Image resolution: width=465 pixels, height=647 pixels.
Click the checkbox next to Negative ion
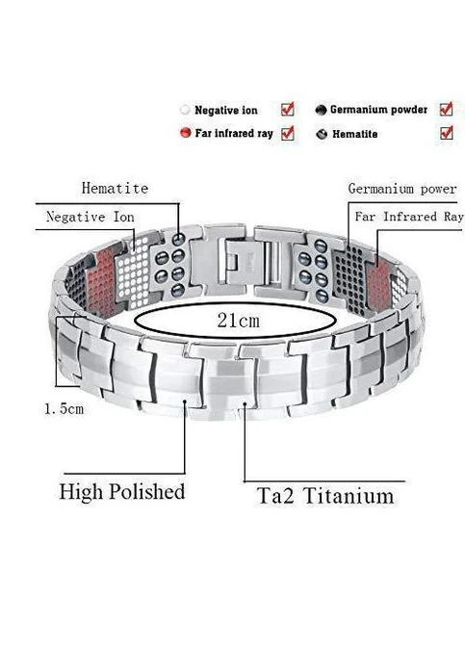288,110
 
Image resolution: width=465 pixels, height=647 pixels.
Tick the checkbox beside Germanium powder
446,109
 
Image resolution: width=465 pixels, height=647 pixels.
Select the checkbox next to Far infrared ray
288,133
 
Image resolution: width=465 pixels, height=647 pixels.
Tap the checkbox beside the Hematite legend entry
446,133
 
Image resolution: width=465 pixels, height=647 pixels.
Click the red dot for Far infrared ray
185,133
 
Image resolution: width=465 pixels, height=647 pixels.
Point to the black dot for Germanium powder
321,110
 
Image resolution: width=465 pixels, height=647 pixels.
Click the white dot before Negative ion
185,110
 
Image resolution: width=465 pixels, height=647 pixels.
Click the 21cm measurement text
238,321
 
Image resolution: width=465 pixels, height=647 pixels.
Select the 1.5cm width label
64,409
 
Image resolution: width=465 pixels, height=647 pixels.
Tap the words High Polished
122,492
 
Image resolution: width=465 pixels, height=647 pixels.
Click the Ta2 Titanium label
325,496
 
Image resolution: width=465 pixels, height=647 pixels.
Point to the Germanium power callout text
401,189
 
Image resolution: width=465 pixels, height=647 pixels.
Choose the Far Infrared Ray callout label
409,217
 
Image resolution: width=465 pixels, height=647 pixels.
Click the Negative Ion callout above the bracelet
90,217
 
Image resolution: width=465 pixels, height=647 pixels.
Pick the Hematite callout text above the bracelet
115,188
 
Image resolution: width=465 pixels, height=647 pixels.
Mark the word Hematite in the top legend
355,134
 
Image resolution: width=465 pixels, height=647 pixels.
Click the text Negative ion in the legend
226,110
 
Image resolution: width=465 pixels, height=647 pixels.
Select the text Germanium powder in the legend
378,110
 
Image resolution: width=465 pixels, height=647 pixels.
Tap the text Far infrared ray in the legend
234,133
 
